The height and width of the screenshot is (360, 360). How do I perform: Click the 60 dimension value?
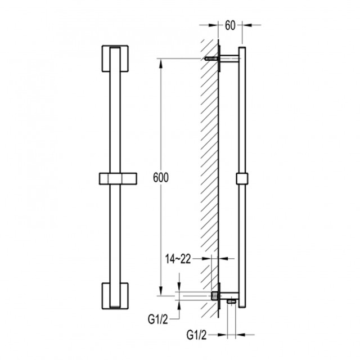pyautogui.click(x=230, y=25)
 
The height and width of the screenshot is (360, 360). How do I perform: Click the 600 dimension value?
pyautogui.click(x=161, y=177)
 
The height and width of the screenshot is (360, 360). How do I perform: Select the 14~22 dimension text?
pyautogui.click(x=178, y=259)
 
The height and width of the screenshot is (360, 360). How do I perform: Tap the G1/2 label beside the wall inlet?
pyautogui.click(x=158, y=319)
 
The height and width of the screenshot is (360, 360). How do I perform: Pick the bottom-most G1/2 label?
pyautogui.click(x=196, y=335)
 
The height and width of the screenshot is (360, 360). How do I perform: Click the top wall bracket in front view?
pyautogui.click(x=115, y=58)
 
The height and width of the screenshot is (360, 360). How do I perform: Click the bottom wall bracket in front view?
pyautogui.click(x=115, y=296)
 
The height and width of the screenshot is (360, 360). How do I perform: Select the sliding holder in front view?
pyautogui.click(x=118, y=179)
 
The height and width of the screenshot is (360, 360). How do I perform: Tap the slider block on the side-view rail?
pyautogui.click(x=242, y=179)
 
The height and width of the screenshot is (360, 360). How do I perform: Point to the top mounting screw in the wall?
pyautogui.click(x=211, y=58)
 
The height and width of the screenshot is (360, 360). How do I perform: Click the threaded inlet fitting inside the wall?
pyautogui.click(x=215, y=296)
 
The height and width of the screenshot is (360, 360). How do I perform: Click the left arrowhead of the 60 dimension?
pyautogui.click(x=213, y=25)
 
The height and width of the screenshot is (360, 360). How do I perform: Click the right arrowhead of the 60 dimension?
pyautogui.click(x=246, y=25)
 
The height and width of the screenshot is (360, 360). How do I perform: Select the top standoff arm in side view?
pyautogui.click(x=229, y=58)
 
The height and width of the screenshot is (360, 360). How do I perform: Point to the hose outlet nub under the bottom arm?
pyautogui.click(x=231, y=301)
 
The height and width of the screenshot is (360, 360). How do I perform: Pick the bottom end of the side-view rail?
pyautogui.click(x=242, y=307)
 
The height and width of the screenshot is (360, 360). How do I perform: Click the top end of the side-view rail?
pyautogui.click(x=242, y=47)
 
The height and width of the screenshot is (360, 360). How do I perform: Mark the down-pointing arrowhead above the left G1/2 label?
pyautogui.click(x=179, y=287)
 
